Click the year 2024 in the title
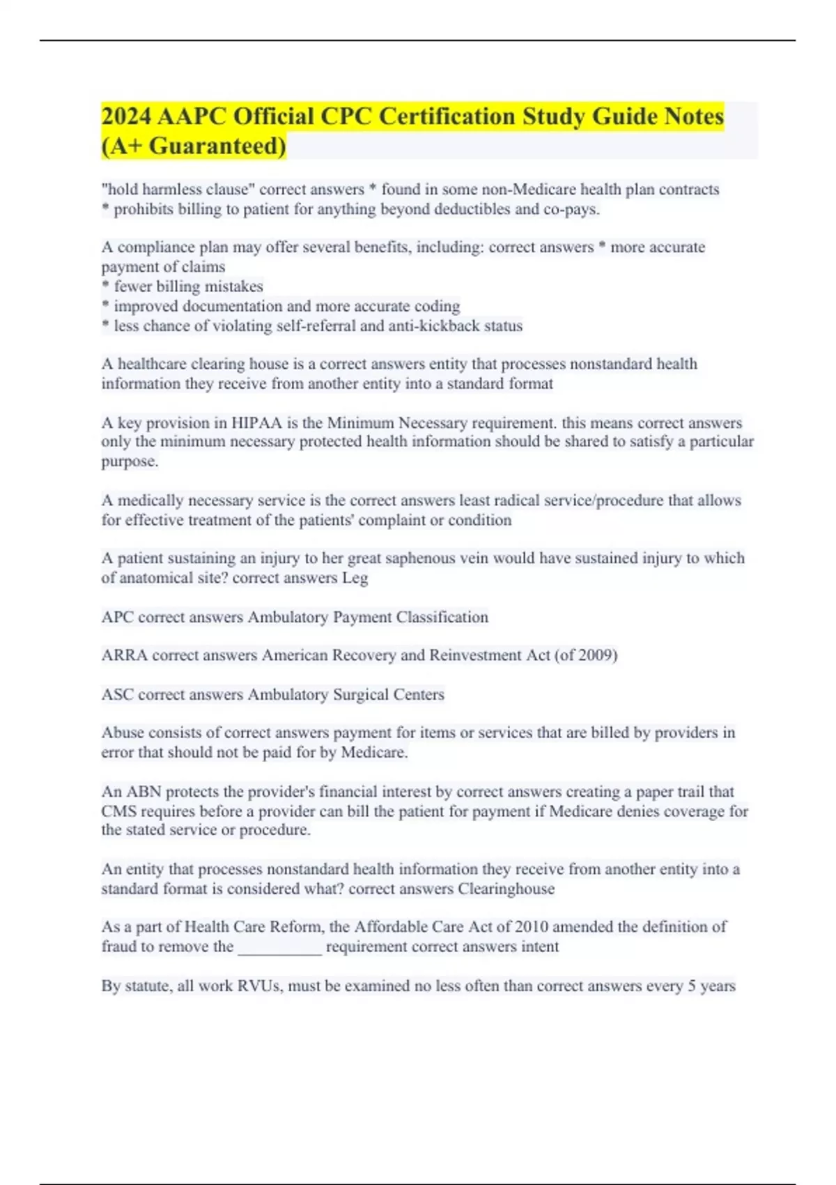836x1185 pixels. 126,116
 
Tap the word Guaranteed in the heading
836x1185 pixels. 217,146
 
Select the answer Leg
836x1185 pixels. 355,578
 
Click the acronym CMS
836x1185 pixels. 118,811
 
